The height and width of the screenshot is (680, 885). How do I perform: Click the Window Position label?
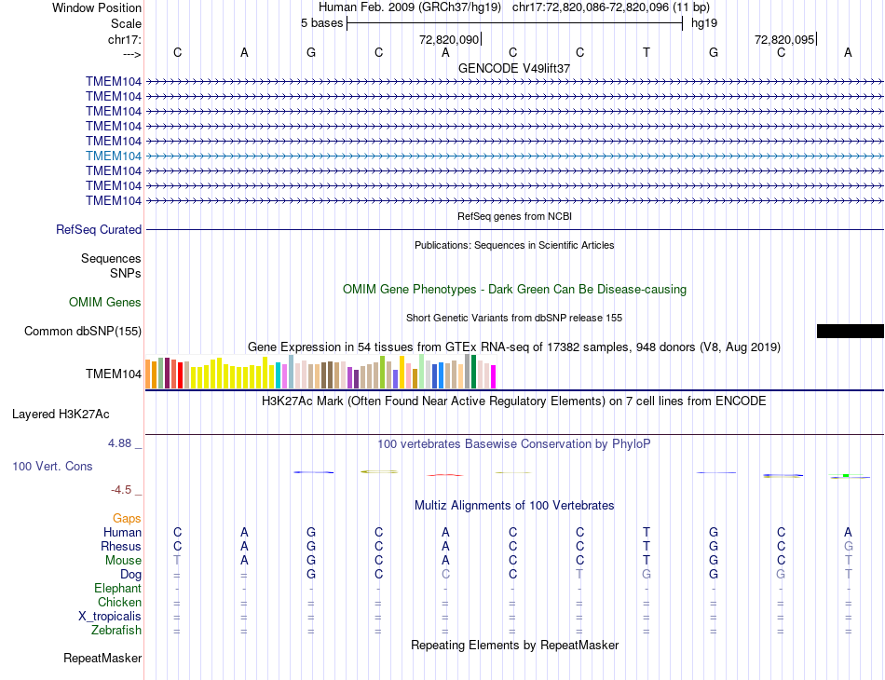click(x=97, y=7)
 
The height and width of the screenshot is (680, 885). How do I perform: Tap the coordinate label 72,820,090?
click(x=449, y=39)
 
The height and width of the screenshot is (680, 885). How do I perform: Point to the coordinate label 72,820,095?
click(x=784, y=39)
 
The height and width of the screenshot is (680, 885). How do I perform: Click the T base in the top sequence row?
click(x=647, y=52)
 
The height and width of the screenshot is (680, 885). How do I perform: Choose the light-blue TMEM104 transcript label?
click(x=114, y=156)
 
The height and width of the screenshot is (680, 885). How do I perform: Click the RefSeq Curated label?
click(x=99, y=229)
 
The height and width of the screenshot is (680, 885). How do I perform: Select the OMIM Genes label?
click(x=105, y=302)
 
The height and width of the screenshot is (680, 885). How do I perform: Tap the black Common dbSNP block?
click(x=850, y=331)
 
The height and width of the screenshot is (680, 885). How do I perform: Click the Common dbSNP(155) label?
click(x=83, y=331)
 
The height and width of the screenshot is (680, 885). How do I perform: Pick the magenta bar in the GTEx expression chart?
click(x=493, y=376)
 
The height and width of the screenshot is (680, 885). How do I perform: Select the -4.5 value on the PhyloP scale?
click(x=121, y=489)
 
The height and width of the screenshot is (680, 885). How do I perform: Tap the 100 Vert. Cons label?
click(x=52, y=466)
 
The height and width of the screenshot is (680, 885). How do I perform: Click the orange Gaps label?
click(x=127, y=518)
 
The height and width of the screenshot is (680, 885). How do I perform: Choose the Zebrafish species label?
click(x=116, y=631)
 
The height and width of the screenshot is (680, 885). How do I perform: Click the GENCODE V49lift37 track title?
click(x=514, y=68)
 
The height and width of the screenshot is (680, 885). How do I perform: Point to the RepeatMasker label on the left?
click(x=102, y=659)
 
